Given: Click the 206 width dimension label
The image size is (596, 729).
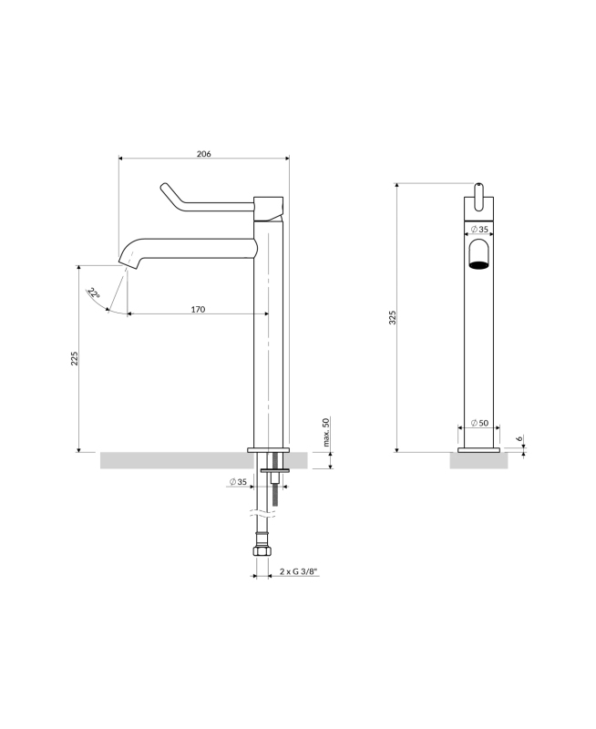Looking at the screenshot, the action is point(203,153).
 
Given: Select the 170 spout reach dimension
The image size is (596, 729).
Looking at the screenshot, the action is point(198,309).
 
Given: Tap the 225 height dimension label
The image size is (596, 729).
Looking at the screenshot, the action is point(75,358).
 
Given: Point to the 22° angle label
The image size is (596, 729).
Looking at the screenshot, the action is point(94,293).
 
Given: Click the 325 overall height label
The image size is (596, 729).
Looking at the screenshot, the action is point(393,317).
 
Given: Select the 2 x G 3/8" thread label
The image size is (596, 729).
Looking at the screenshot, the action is point(300,571).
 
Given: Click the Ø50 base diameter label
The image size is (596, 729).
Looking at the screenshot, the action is point(479,423).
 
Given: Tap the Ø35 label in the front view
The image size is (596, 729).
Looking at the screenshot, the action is point(479,230).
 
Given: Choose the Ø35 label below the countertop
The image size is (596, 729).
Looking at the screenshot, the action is point(238,482).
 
